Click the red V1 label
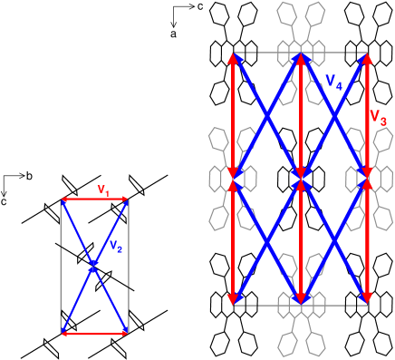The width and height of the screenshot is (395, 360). coord(103,190)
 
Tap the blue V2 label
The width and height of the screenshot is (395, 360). coord(116,246)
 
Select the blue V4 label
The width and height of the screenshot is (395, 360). coord(332,82)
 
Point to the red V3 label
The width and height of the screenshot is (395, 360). coord(378,117)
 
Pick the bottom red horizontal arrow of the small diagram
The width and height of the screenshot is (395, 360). coord(94,333)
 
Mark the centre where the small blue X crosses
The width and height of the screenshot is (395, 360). coord(94,266)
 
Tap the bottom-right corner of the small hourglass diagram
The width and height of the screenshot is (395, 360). coord(127,333)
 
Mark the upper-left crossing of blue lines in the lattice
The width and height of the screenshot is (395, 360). coord(266,117)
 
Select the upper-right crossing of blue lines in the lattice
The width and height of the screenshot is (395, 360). coord(334,117)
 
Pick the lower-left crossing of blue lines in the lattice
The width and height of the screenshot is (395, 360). coord(266,239)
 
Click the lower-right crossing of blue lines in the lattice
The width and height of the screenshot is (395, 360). coord(334,239)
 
